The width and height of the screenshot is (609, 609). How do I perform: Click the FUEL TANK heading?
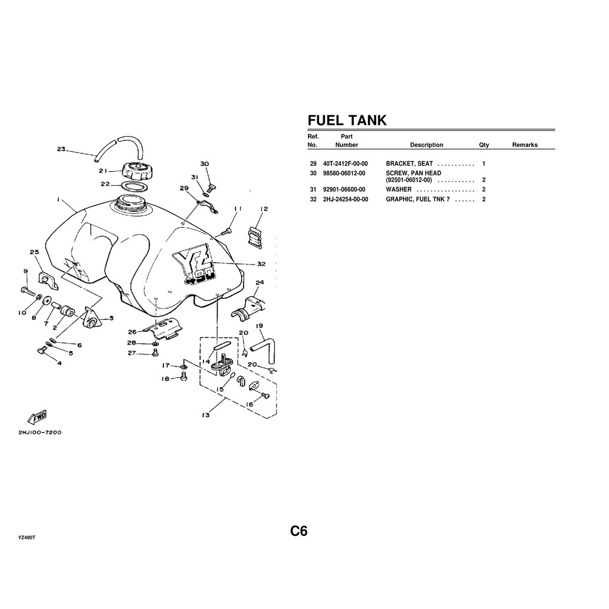click(x=347, y=120)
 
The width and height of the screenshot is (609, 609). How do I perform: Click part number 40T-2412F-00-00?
click(x=345, y=164)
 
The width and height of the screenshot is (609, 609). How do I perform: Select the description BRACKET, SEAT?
click(x=409, y=164)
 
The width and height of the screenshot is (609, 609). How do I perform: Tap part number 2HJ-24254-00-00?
click(x=345, y=199)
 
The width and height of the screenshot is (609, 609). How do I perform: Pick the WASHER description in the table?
click(x=398, y=190)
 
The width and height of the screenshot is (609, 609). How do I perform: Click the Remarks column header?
click(x=524, y=145)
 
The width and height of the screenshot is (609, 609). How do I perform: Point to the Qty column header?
click(x=484, y=145)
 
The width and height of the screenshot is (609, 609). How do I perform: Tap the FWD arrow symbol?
click(x=37, y=417)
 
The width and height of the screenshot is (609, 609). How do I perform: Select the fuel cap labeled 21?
click(x=136, y=170)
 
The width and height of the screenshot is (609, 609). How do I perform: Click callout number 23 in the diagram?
click(x=61, y=149)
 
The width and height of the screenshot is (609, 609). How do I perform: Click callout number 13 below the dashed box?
click(x=206, y=415)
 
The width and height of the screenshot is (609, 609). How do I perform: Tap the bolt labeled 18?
click(x=184, y=377)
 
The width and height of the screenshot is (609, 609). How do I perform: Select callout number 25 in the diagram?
click(x=34, y=252)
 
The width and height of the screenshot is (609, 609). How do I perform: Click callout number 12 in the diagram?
click(x=264, y=209)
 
